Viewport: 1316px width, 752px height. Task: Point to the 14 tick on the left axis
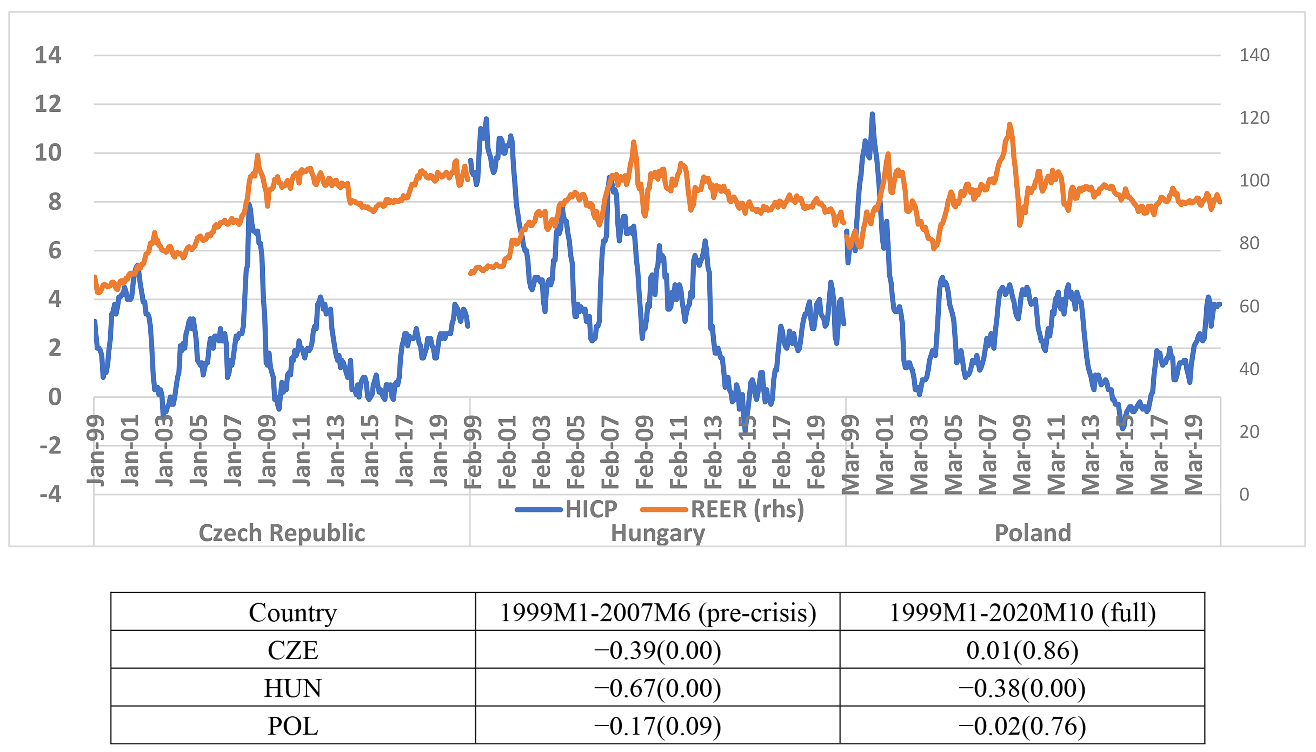coord(48,55)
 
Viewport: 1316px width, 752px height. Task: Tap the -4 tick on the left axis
coord(51,494)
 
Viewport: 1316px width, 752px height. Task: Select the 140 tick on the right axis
coord(1254,55)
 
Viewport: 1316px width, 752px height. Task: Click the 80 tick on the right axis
coord(1249,243)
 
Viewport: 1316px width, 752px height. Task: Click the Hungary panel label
coord(658,533)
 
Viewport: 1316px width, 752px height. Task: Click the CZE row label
coord(293,650)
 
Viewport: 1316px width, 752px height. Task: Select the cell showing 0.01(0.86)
coord(1022,650)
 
